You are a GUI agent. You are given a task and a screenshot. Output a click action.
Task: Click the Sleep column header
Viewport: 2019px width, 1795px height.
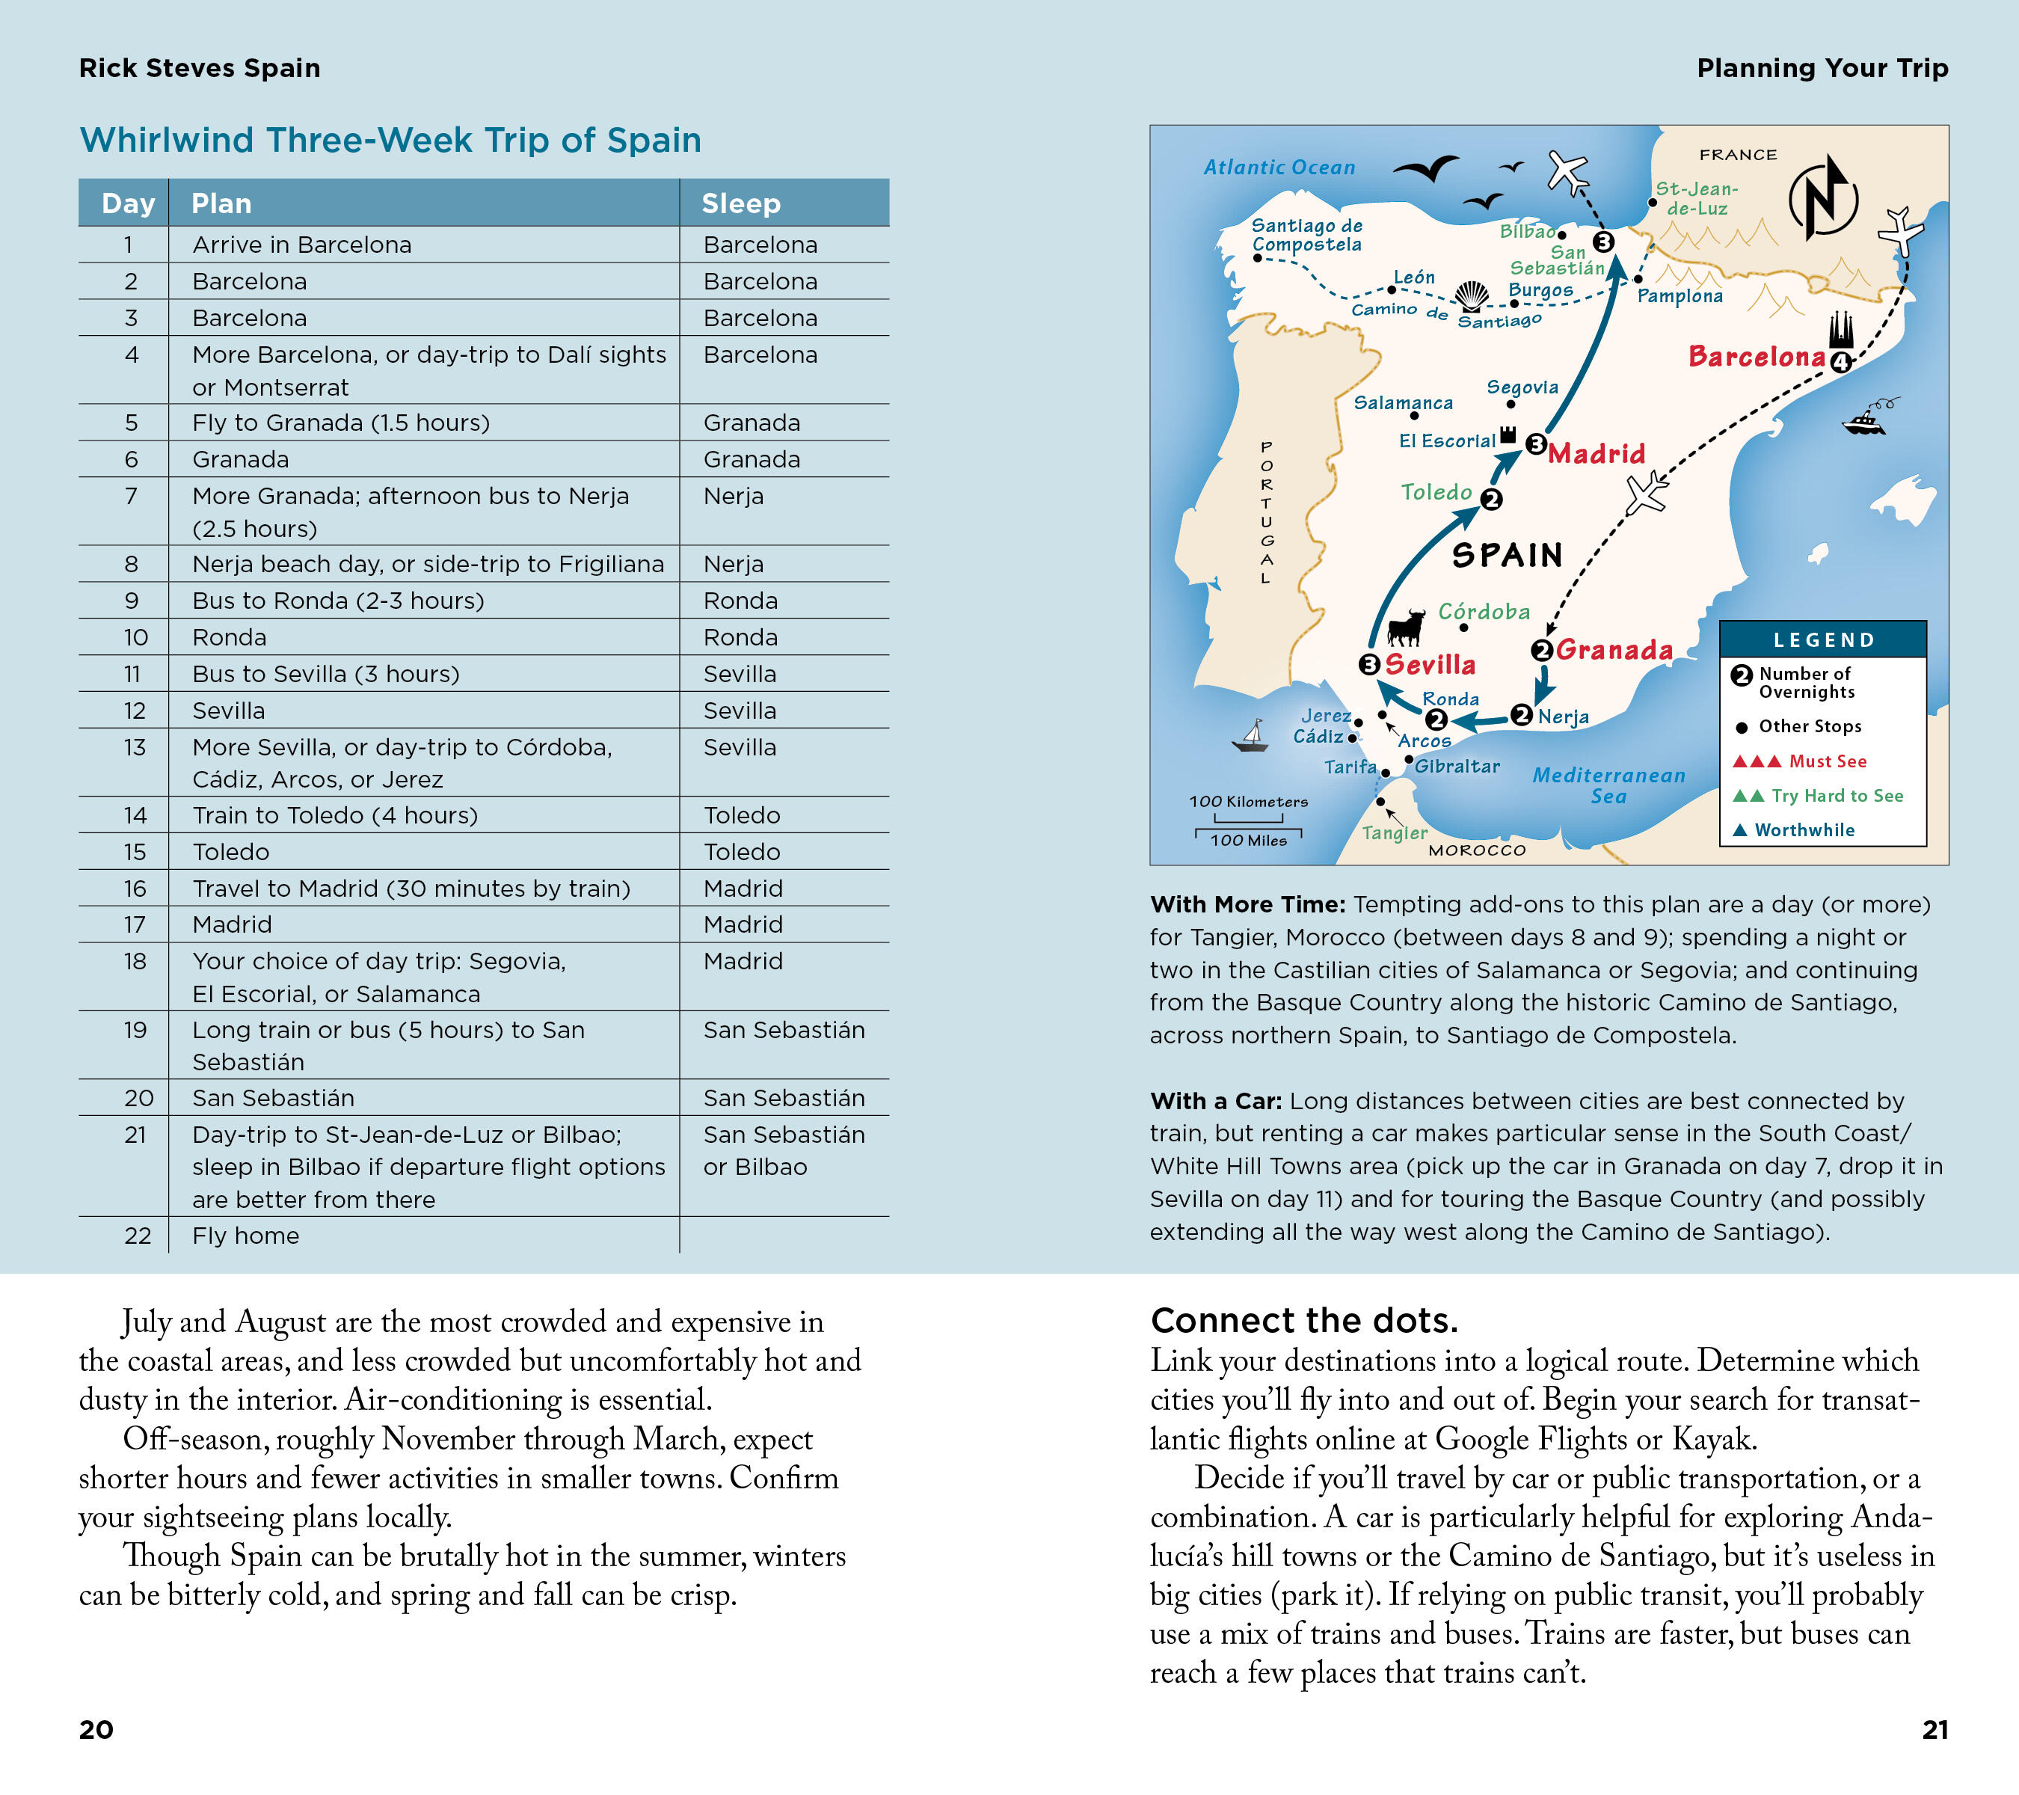pyautogui.click(x=741, y=203)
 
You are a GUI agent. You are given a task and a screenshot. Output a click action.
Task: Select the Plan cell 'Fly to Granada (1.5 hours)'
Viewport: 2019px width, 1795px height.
pyautogui.click(x=341, y=423)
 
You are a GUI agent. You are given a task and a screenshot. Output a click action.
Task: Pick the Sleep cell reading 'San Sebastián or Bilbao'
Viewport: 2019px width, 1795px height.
pyautogui.click(x=784, y=1151)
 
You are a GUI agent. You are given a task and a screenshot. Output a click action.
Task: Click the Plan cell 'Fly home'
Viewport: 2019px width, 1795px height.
pyautogui.click(x=245, y=1236)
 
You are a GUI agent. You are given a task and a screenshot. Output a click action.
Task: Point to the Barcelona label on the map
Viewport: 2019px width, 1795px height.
pyautogui.click(x=1757, y=357)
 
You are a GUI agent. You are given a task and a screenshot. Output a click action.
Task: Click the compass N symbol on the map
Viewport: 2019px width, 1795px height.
pyautogui.click(x=1822, y=197)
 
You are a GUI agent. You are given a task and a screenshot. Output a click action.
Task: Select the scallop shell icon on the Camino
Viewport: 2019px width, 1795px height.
pyautogui.click(x=1472, y=296)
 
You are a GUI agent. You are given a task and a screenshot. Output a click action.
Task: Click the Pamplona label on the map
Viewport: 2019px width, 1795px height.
pyautogui.click(x=1680, y=296)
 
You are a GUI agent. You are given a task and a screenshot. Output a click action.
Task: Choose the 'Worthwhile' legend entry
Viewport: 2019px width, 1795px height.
pyautogui.click(x=1804, y=831)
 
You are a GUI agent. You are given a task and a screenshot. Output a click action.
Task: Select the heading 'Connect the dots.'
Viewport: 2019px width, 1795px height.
pyautogui.click(x=1304, y=1321)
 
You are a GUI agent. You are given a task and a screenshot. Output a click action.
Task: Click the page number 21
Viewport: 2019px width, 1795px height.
pyautogui.click(x=1934, y=1730)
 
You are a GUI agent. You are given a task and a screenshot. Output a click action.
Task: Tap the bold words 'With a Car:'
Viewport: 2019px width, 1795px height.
pyautogui.click(x=1215, y=1102)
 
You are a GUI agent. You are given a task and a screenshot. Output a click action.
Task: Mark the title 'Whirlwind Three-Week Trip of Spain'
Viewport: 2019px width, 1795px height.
pyautogui.click(x=390, y=141)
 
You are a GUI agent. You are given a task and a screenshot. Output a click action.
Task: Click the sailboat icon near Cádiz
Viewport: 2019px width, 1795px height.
pyautogui.click(x=1252, y=736)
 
